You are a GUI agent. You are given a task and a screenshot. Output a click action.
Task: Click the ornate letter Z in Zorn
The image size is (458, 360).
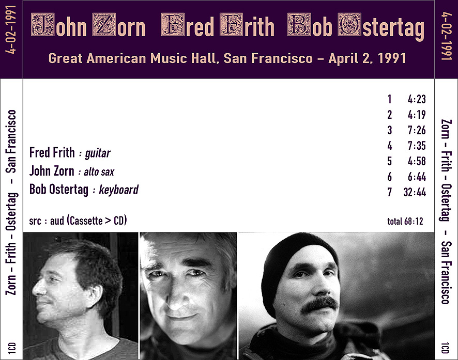104,25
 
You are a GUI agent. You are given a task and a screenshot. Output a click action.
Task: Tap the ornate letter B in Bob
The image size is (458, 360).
299,25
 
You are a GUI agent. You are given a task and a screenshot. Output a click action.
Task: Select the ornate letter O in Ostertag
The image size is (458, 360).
349,25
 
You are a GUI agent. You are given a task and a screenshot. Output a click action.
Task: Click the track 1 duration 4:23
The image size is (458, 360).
417,99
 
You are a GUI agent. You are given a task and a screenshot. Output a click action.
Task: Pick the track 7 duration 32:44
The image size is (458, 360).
415,192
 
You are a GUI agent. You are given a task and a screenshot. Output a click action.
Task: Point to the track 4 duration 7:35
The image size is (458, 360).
417,146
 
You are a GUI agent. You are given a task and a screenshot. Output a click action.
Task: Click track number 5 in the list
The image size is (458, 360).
390,161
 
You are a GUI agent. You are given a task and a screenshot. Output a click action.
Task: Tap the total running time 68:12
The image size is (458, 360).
414,222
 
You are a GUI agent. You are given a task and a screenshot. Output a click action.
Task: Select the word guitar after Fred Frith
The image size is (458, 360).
98,153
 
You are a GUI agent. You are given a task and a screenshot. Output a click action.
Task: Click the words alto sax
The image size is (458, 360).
99,172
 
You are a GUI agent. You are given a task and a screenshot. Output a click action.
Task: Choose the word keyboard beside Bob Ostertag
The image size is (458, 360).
118,190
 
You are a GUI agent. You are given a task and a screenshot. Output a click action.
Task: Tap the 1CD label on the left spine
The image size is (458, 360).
12,348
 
